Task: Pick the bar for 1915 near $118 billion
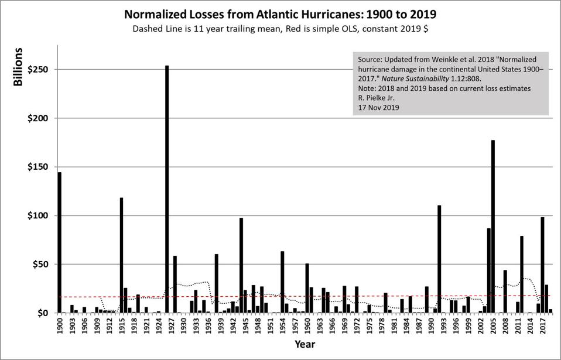(122, 255)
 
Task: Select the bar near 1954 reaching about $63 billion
(282, 282)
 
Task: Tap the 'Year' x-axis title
(305, 344)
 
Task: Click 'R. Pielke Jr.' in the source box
(378, 98)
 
